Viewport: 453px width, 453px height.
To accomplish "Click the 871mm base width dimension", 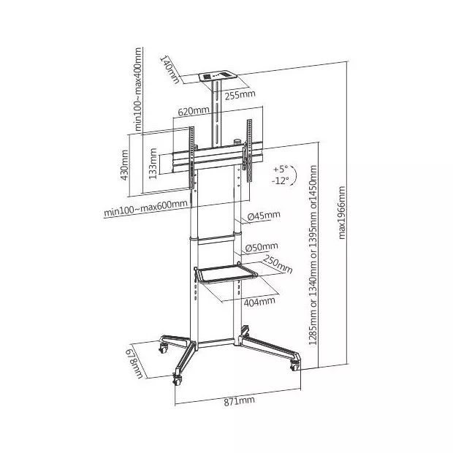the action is [239, 401].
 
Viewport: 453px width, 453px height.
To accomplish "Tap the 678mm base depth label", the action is [134, 365].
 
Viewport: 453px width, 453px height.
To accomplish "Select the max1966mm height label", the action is [342, 213].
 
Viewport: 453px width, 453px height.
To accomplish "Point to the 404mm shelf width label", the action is [259, 302].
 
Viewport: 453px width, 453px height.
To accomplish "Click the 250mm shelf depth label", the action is [278, 264].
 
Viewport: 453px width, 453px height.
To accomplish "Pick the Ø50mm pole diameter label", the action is [262, 247].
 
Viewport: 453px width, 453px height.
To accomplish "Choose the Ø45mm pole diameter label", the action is [264, 216].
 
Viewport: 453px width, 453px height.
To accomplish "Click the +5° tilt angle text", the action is [281, 169].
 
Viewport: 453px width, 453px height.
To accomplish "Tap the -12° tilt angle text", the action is [281, 181].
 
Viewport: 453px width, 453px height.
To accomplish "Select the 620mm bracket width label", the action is [194, 111].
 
